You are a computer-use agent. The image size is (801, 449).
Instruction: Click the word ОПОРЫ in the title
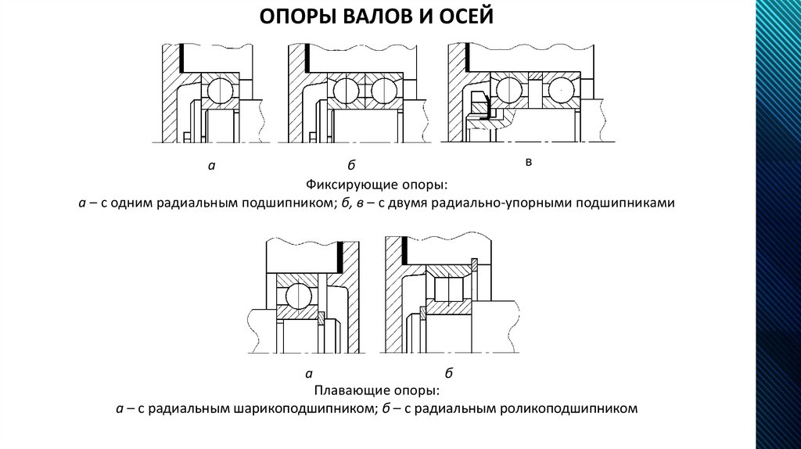(292, 17)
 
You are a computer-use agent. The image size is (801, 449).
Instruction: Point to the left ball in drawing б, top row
(346, 92)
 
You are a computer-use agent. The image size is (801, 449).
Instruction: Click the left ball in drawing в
(509, 91)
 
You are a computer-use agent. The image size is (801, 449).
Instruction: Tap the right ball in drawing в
(560, 91)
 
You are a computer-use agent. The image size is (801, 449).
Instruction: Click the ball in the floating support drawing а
(300, 296)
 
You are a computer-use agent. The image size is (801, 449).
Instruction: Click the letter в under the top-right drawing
(529, 162)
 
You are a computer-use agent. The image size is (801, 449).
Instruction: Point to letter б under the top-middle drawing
(351, 165)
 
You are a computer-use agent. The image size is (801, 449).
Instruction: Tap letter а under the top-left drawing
(211, 166)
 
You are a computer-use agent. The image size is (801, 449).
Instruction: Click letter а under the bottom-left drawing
(309, 373)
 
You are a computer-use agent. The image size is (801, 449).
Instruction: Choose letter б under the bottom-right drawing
(449, 372)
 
